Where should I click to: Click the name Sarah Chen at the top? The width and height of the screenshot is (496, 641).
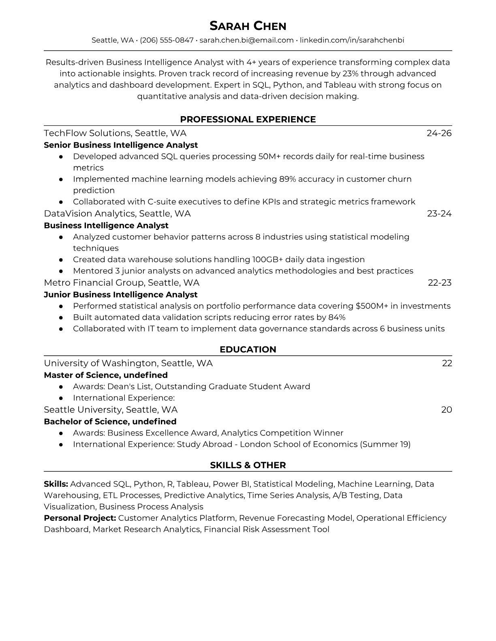[248, 26]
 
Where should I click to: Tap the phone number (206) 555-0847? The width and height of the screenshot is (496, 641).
[167, 40]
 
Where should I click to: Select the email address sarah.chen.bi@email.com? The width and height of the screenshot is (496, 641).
[246, 40]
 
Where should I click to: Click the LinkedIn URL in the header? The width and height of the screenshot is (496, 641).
[352, 40]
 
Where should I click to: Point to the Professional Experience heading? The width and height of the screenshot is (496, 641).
[248, 119]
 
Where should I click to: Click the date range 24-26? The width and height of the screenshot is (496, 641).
[439, 133]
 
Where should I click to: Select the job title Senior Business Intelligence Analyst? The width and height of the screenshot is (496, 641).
[121, 145]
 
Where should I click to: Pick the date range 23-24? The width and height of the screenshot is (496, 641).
[439, 213]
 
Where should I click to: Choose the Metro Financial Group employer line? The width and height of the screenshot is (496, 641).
[122, 282]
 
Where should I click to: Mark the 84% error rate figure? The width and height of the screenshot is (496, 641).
[337, 317]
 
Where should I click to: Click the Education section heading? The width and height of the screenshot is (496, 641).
[248, 350]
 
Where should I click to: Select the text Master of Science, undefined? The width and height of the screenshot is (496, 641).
[105, 375]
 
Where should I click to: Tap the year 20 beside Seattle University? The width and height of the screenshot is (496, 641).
[446, 410]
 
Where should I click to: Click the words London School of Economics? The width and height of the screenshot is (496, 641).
[298, 444]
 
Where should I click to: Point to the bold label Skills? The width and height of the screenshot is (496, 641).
[56, 484]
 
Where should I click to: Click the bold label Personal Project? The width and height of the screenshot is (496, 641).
[80, 518]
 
